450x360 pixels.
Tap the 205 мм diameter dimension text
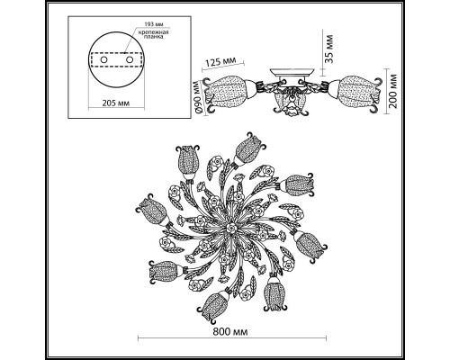pos(116,103)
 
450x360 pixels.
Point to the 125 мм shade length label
pos(220,61)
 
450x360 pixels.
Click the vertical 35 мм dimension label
pos(329,49)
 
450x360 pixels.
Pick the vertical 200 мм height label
pos(393,91)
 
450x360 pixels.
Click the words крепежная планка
pos(153,34)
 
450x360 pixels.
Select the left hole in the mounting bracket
pos(103,59)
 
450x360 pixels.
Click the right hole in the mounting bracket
pos(130,59)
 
